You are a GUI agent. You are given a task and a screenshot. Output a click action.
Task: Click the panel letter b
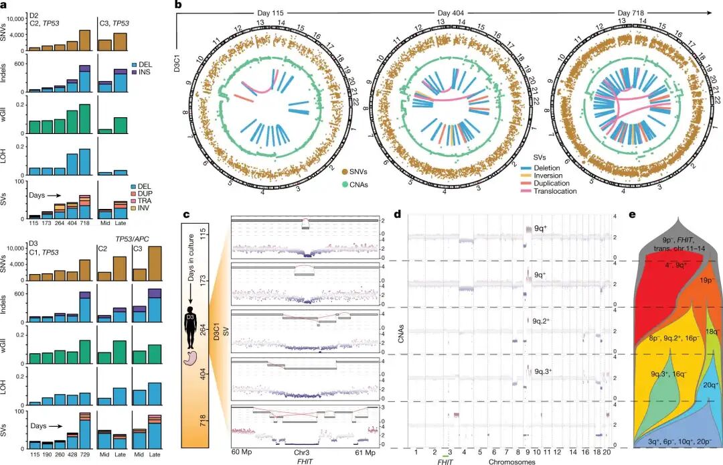pos(178,5)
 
